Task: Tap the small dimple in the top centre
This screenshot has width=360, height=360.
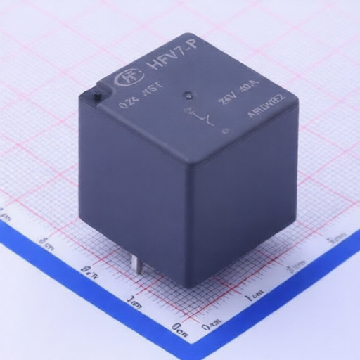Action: click(188, 95)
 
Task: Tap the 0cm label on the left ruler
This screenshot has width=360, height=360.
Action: click(179, 326)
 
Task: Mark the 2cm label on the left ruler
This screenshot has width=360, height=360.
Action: click(89, 270)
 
